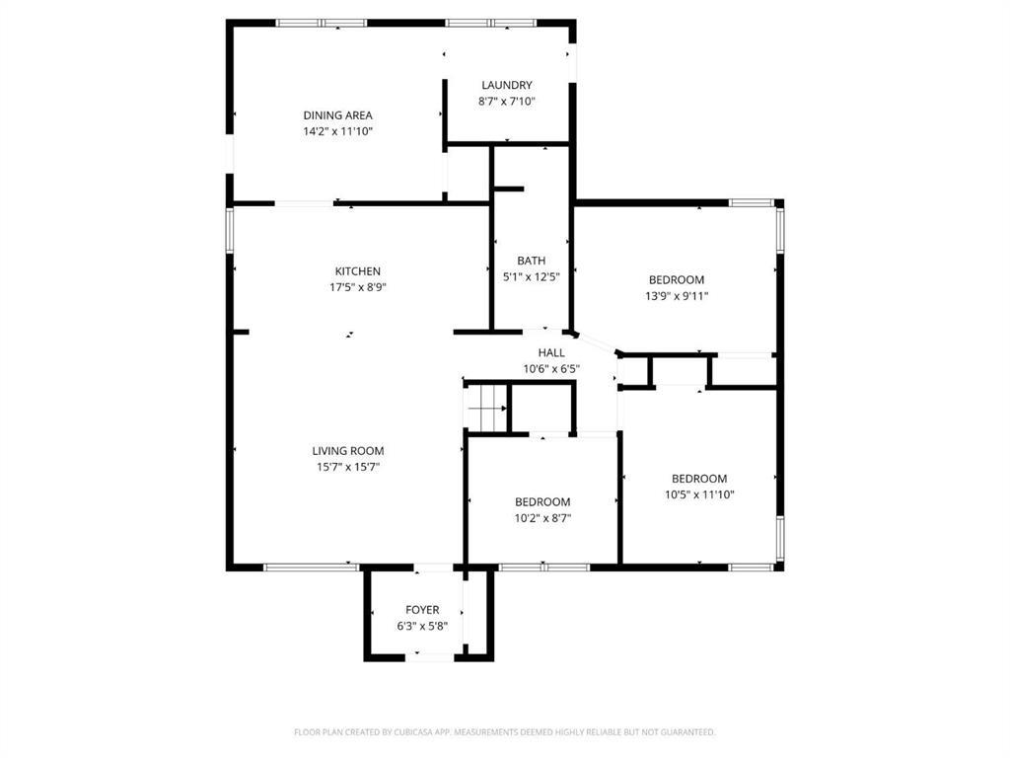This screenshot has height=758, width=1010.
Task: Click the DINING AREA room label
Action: [x=337, y=115]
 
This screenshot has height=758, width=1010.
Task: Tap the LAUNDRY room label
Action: [x=507, y=85]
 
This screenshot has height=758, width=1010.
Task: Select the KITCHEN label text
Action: [x=357, y=271]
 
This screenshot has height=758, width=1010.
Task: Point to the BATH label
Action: [x=532, y=261]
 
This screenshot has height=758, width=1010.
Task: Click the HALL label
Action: [x=551, y=352]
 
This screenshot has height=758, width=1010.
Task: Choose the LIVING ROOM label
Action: [x=348, y=451]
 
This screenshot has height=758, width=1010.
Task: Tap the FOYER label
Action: [x=422, y=610]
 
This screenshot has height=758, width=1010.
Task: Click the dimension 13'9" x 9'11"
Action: [x=677, y=296]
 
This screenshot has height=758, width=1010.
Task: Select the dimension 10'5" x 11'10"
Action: [x=699, y=495]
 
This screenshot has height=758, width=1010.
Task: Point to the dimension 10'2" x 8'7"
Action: [x=542, y=518]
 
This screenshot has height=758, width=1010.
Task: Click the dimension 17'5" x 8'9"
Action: [x=357, y=287]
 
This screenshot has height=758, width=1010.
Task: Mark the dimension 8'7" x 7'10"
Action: [x=507, y=102]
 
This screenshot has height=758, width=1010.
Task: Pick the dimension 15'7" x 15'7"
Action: [x=348, y=467]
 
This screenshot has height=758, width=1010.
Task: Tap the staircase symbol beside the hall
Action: [x=486, y=408]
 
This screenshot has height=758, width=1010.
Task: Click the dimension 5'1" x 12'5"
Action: [x=532, y=277]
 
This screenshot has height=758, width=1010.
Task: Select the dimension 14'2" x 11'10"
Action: [x=338, y=131]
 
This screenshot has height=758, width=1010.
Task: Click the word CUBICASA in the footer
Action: [x=413, y=732]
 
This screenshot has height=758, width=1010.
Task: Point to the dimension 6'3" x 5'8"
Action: [x=422, y=626]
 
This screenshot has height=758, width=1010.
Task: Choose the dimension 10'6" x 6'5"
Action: [x=551, y=369]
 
